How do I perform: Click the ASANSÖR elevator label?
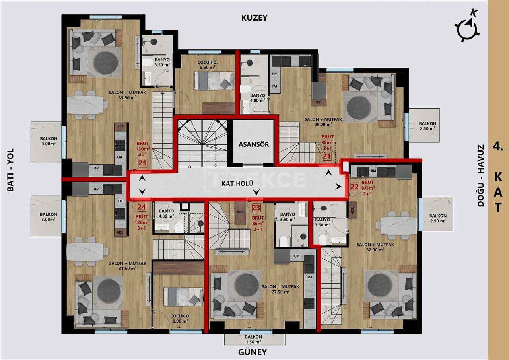pos(254,144)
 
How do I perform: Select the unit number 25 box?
pos(142,163)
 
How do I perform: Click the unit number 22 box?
pos(355,186)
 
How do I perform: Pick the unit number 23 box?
pos(256,207)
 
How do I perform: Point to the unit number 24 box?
pos(142,207)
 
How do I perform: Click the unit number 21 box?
pos(327,156)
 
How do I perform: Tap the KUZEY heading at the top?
pos(254,18)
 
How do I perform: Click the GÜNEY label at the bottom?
pos(253,352)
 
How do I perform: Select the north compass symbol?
pos(466,27)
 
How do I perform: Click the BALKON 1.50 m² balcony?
pos(254,339)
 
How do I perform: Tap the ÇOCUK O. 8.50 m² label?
pos(207,65)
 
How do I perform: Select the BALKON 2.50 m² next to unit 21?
pos(427,126)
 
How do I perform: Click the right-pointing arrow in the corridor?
pos(338,186)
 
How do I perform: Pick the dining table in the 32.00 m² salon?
pos(398,226)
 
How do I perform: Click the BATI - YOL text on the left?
pos(10,170)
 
